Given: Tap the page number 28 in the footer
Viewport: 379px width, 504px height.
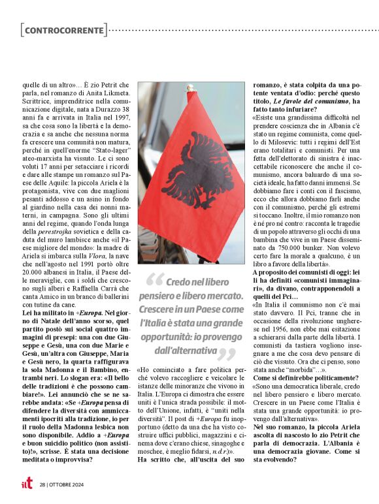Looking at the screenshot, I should pyautogui.click(x=42, y=485).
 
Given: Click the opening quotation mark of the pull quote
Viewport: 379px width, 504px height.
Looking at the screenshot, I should pyautogui.click(x=153, y=282).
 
